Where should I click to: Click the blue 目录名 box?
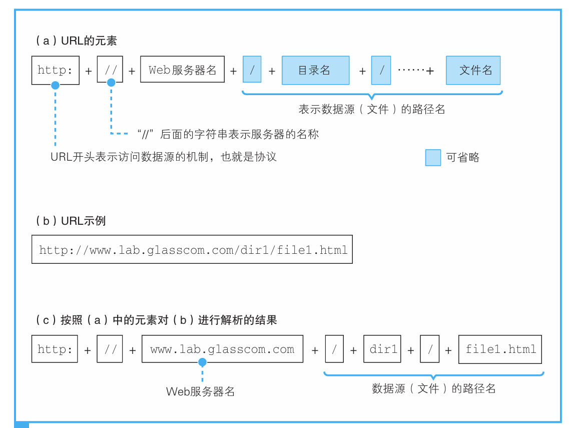315,70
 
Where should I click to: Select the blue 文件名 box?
473,70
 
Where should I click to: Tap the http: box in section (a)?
56,70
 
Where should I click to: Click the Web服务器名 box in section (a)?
182,70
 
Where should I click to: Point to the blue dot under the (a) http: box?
56,86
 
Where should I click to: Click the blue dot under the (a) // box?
111,83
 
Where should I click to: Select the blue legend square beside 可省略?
433,158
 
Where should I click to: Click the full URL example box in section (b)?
192,249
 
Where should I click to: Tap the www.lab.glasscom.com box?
222,349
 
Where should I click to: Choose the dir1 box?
383,349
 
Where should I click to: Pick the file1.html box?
500,349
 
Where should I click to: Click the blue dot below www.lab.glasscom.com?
202,362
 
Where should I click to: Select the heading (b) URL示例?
71,221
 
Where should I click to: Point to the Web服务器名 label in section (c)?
200,391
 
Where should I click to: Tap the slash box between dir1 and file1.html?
430,349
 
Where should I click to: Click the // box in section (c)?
110,349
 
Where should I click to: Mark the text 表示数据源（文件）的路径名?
371,109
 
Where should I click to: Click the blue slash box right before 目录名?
252,70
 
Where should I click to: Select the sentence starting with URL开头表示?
164,157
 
